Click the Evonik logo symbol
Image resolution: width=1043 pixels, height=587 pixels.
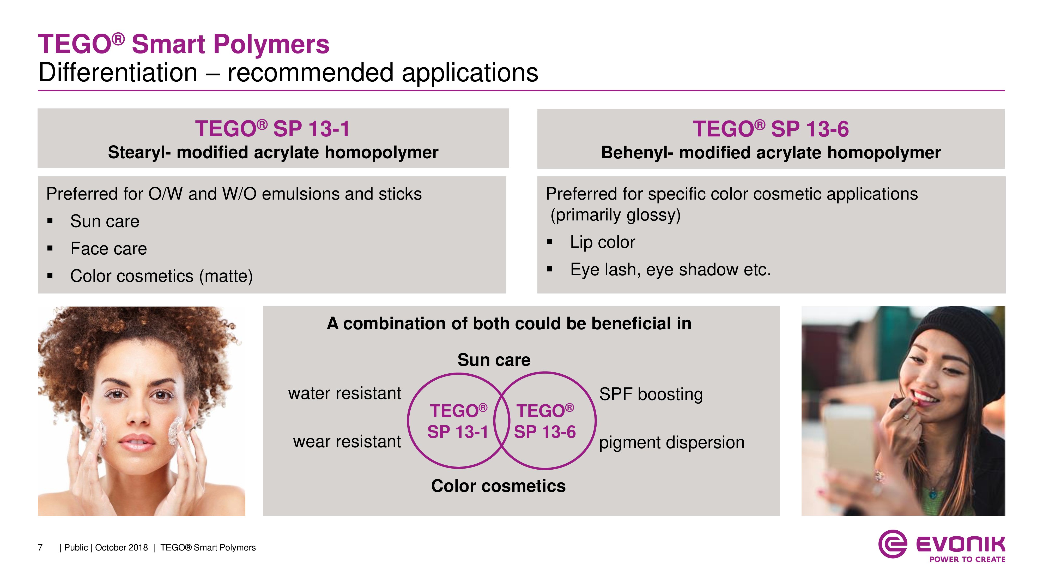click(x=892, y=544)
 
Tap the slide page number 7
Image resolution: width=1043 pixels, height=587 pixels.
click(x=40, y=548)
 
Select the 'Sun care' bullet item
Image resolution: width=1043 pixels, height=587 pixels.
click(x=105, y=221)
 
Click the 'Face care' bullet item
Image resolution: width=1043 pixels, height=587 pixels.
click(x=108, y=249)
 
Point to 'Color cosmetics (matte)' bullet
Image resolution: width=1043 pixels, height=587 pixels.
click(x=162, y=276)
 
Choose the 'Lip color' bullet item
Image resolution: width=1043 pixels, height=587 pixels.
click(x=603, y=242)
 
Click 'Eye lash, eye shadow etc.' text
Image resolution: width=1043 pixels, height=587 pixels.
click(x=670, y=270)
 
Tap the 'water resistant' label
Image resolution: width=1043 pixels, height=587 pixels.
click(x=344, y=393)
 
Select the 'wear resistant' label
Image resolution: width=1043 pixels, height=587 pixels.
click(x=347, y=442)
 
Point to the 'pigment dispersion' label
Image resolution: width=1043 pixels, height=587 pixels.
click(x=672, y=443)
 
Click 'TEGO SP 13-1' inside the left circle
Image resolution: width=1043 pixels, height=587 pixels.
click(x=458, y=421)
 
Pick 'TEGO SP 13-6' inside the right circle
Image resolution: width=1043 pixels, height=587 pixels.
click(x=545, y=421)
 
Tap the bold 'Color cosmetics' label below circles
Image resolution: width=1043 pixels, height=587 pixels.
click(x=498, y=486)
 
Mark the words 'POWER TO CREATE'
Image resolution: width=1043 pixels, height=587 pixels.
click(x=967, y=559)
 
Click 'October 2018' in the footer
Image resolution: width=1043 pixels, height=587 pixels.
click(x=122, y=548)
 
